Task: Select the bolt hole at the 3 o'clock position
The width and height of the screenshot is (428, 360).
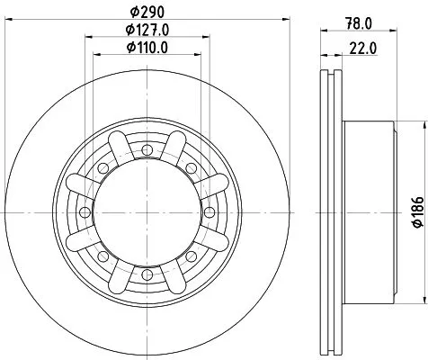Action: pyautogui.click(x=209, y=211)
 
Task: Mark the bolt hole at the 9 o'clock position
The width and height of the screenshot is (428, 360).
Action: pyautogui.click(x=84, y=211)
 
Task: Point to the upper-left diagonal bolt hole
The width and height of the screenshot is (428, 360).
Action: pyautogui.click(x=102, y=167)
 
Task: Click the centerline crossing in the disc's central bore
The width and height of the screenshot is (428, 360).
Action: pyautogui.click(x=146, y=211)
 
